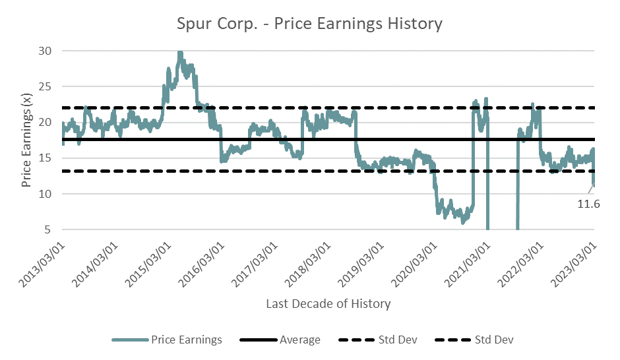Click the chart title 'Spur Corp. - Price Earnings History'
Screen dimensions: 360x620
309,24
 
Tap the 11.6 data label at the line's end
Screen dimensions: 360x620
589,204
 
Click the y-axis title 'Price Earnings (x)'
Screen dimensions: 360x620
27,140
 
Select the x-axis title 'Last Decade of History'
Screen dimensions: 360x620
328,304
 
